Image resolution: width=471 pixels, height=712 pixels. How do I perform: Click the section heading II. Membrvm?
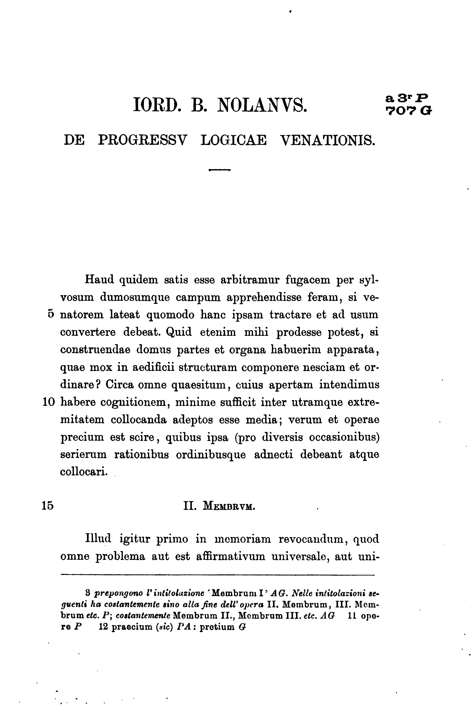[219, 506]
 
